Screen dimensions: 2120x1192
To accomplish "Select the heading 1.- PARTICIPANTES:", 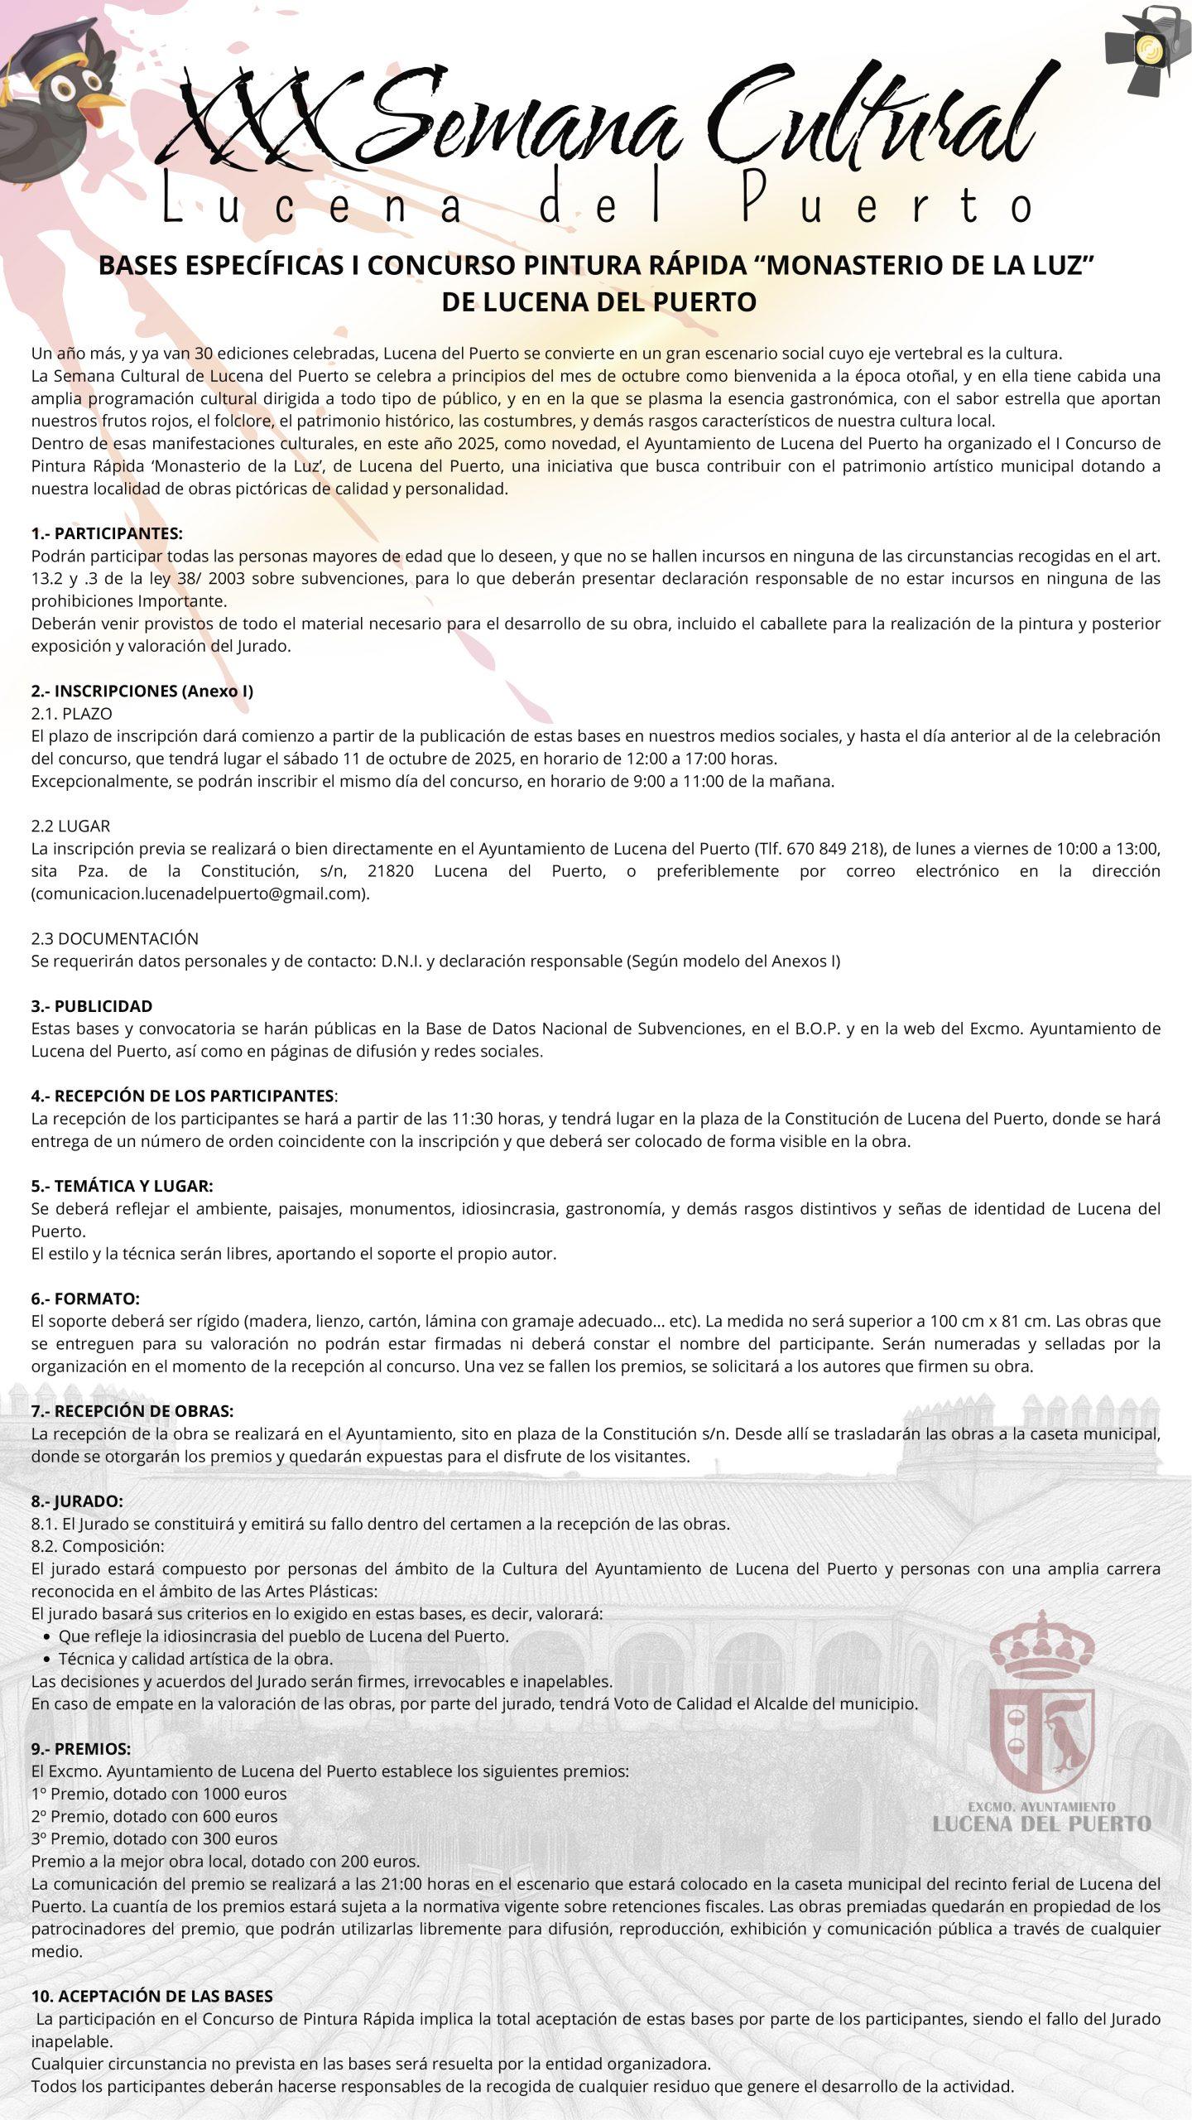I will (107, 532).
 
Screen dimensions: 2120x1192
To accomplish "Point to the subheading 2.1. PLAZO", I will (71, 713).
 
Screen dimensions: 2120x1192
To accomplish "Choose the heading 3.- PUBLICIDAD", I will (92, 1006).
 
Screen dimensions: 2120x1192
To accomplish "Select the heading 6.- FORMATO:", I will (85, 1298).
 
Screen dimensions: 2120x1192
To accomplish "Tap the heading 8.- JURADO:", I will (77, 1501).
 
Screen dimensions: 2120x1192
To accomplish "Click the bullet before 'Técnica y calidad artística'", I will (47, 1660).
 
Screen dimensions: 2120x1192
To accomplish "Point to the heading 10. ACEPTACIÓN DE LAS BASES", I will (152, 1997).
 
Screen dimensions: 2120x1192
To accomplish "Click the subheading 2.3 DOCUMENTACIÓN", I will (115, 938).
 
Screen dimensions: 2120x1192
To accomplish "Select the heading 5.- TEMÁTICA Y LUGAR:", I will (123, 1186).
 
